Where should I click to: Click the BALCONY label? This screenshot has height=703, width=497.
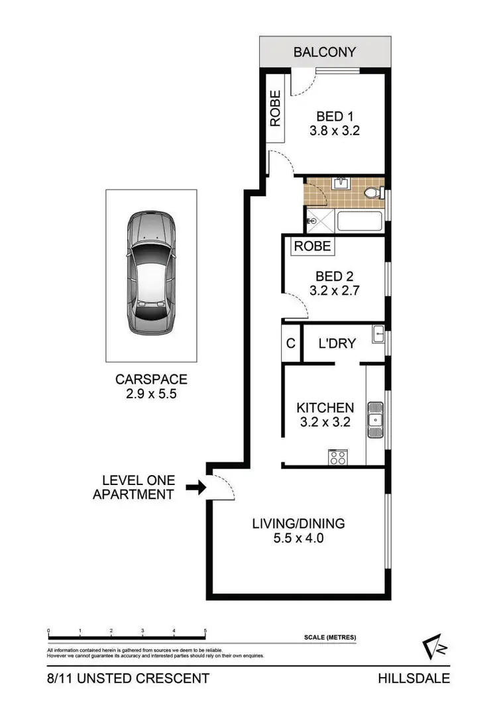[325, 52]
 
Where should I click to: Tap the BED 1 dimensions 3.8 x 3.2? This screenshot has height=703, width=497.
[334, 131]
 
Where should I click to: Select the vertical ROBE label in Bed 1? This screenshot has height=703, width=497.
[275, 108]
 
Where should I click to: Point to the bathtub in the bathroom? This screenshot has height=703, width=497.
[359, 220]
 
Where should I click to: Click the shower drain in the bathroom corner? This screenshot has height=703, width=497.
[311, 221]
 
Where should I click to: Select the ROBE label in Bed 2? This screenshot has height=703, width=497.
[312, 246]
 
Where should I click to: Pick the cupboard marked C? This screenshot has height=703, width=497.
[290, 344]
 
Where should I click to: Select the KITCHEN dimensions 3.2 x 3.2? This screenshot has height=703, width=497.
[325, 422]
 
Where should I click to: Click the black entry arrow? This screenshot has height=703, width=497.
[195, 488]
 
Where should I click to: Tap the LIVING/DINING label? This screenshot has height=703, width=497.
[298, 523]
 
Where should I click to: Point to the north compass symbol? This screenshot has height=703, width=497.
[435, 649]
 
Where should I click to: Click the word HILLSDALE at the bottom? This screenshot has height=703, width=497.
[414, 678]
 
